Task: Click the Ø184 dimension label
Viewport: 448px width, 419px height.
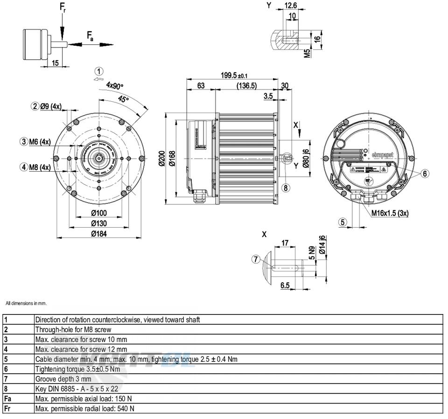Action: point(99,234)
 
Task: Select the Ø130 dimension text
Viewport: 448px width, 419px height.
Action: point(99,223)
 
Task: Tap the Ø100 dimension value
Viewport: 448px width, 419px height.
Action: point(99,213)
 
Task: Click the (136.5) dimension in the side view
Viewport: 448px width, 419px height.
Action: point(246,86)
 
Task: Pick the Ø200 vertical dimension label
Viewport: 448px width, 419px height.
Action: point(161,159)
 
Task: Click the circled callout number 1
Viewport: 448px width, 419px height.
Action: point(98,71)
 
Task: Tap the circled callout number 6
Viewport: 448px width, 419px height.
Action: point(425,174)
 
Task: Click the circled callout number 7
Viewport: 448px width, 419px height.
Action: point(255,260)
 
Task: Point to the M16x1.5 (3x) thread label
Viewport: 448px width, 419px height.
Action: point(390,213)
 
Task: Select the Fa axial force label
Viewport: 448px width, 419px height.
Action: point(90,35)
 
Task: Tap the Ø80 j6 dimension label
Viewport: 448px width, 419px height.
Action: point(306,159)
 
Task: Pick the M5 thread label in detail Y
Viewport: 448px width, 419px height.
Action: point(307,52)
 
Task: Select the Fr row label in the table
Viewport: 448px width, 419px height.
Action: point(7,408)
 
